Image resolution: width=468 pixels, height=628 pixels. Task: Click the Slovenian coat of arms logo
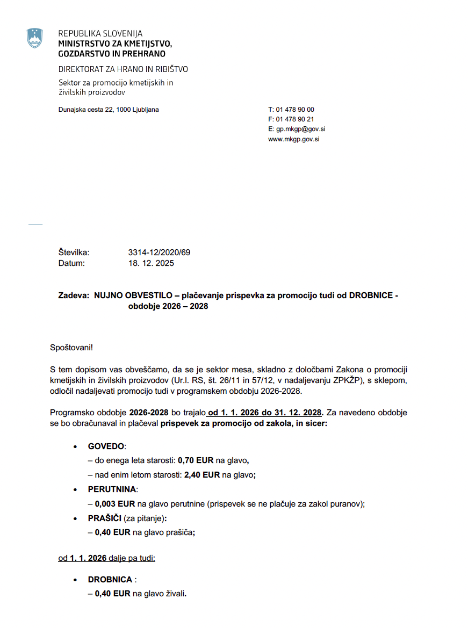pyautogui.click(x=35, y=39)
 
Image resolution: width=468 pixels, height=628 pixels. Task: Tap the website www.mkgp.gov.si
pyautogui.click(x=294, y=139)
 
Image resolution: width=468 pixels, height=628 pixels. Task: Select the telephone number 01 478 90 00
pyautogui.click(x=295, y=110)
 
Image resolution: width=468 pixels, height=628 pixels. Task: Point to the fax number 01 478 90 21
pyautogui.click(x=295, y=119)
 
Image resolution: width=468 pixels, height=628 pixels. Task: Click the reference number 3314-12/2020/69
pyautogui.click(x=159, y=252)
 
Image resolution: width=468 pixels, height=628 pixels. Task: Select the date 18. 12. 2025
pyautogui.click(x=151, y=263)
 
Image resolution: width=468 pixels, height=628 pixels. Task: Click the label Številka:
pyautogui.click(x=74, y=252)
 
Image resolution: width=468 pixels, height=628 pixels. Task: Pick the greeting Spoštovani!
pyautogui.click(x=71, y=347)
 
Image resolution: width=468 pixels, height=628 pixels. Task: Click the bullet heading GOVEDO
pyautogui.click(x=106, y=446)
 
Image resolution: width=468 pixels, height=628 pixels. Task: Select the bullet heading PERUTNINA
pyautogui.click(x=112, y=489)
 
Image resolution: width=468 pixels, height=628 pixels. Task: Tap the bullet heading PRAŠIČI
pyautogui.click(x=105, y=518)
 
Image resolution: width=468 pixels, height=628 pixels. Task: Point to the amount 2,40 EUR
pyautogui.click(x=202, y=475)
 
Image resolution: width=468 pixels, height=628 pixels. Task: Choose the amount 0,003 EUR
pyautogui.click(x=114, y=504)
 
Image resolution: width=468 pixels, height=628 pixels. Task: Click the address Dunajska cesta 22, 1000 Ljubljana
pyautogui.click(x=109, y=110)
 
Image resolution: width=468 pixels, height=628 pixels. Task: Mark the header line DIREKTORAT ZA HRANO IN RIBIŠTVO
pyautogui.click(x=123, y=69)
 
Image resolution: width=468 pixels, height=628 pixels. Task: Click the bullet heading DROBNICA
pyautogui.click(x=110, y=580)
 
